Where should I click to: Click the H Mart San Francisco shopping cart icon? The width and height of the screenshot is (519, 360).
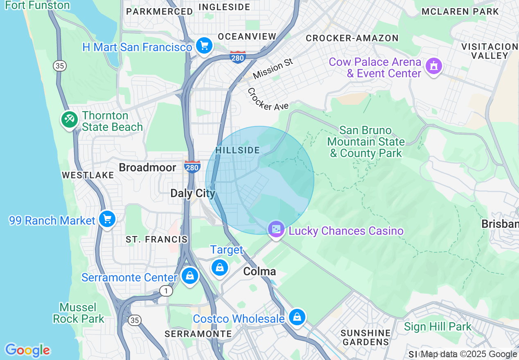pyautogui.click(x=203, y=45)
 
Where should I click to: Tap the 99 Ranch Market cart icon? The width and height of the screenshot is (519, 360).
pyautogui.click(x=107, y=219)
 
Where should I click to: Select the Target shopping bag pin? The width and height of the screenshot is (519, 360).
pyautogui.click(x=220, y=268)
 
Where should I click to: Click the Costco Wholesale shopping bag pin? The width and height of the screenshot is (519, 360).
pyautogui.click(x=297, y=317)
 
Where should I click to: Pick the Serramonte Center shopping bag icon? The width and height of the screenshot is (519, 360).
pyautogui.click(x=190, y=276)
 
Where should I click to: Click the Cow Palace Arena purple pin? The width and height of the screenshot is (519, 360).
pyautogui.click(x=433, y=66)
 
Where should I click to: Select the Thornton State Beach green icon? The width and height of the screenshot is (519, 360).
pyautogui.click(x=69, y=120)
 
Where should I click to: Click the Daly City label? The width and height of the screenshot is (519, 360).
pyautogui.click(x=192, y=193)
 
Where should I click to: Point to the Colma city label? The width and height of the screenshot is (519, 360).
pyautogui.click(x=259, y=272)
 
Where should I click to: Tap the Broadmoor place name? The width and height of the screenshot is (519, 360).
pyautogui.click(x=147, y=167)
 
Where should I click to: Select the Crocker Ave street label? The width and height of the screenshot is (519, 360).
pyautogui.click(x=268, y=99)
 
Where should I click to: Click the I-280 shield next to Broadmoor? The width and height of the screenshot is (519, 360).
pyautogui.click(x=192, y=167)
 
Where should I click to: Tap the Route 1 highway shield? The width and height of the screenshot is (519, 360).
pyautogui.click(x=166, y=291)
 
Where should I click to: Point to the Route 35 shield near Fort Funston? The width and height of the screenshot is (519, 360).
pyautogui.click(x=60, y=66)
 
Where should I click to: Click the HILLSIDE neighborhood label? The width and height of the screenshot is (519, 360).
pyautogui.click(x=237, y=150)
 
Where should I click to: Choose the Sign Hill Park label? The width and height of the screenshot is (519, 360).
pyautogui.click(x=438, y=327)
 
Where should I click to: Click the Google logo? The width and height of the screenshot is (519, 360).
pyautogui.click(x=27, y=350)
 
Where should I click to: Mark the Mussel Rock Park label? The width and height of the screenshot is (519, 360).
pyautogui.click(x=78, y=313)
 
